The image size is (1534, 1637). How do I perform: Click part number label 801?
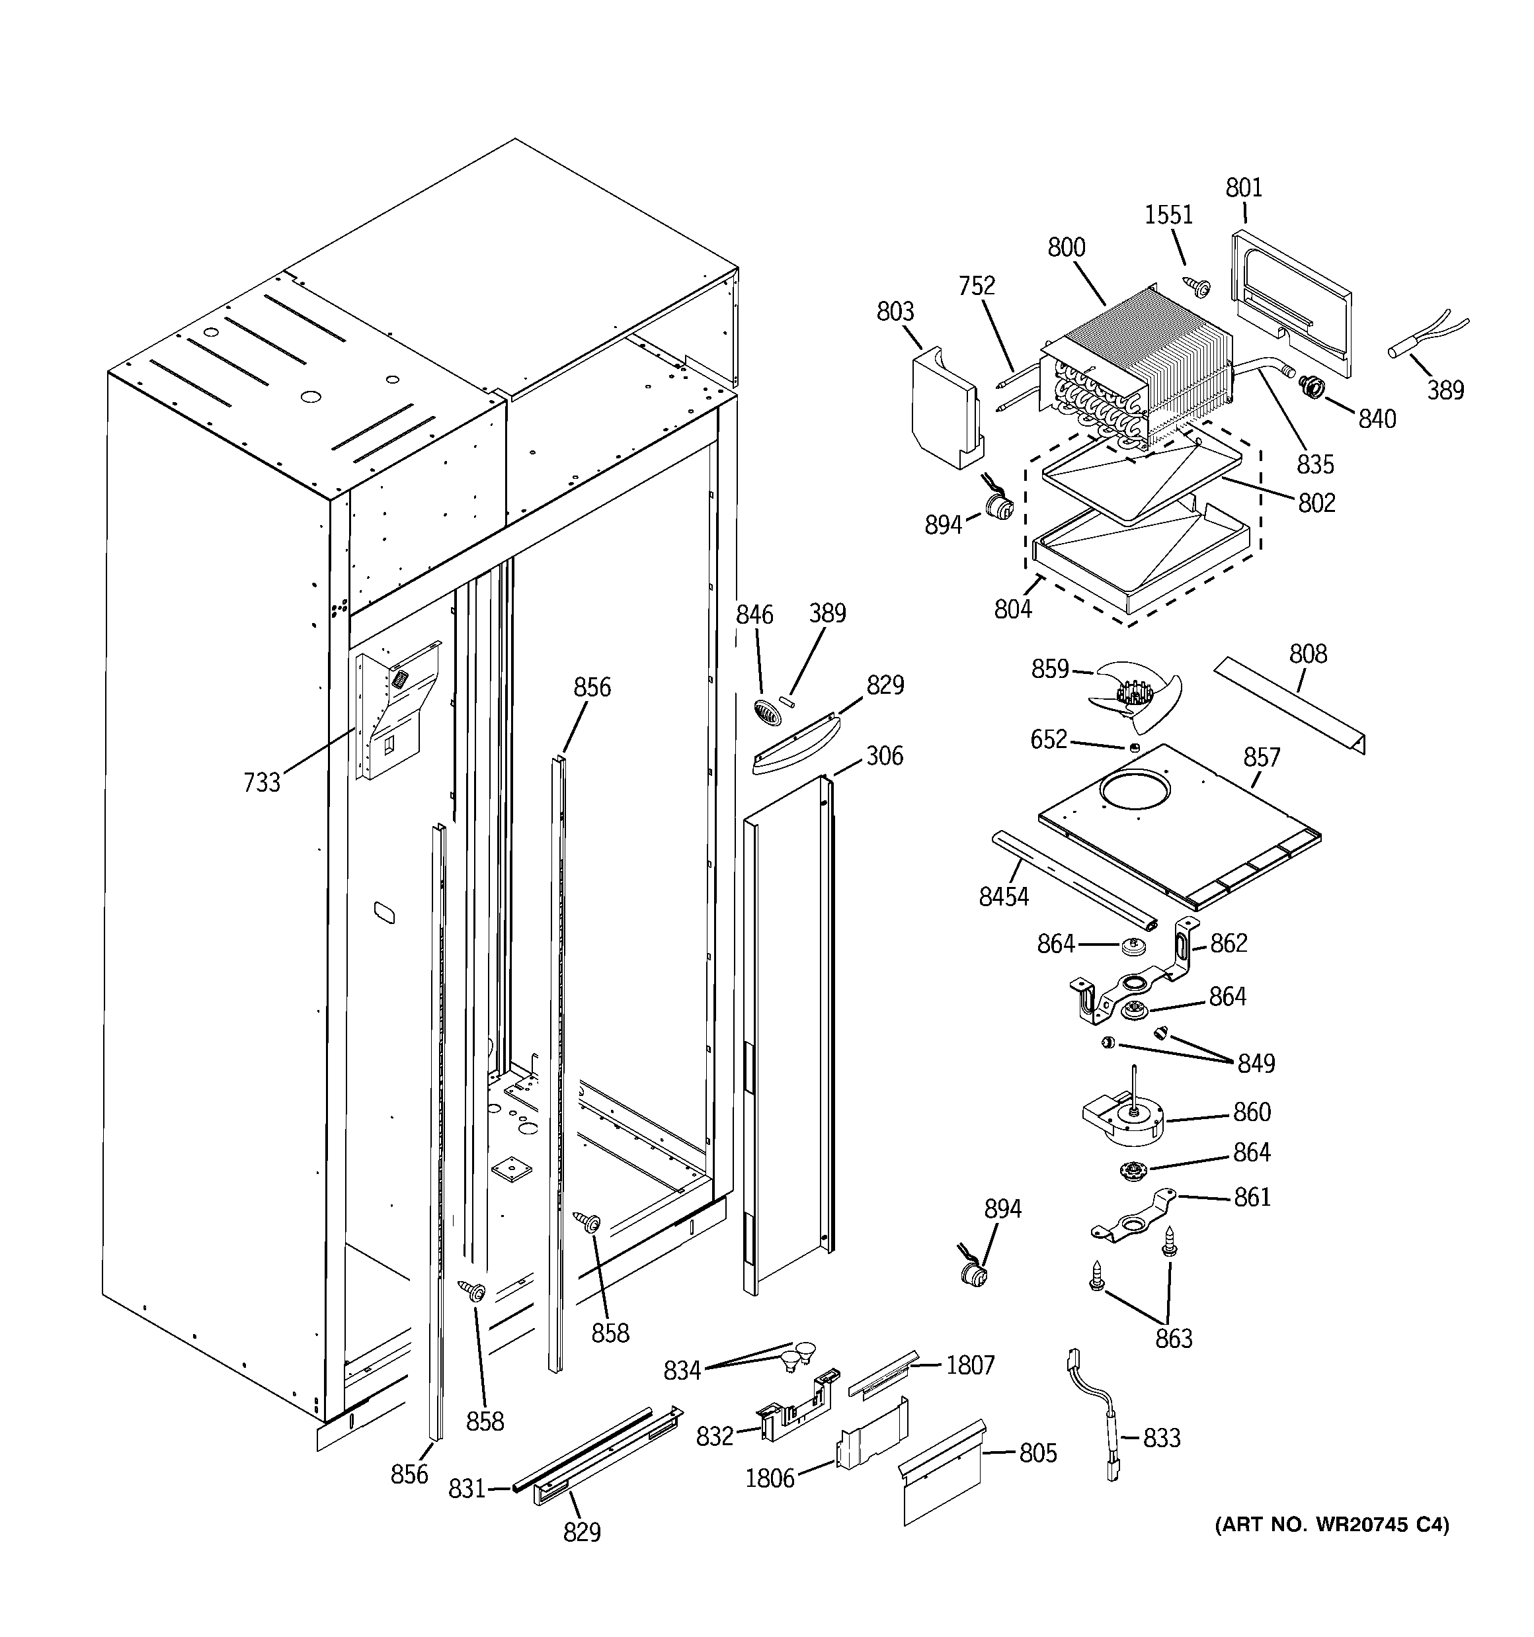pyautogui.click(x=1243, y=188)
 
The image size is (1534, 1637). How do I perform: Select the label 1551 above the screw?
pyautogui.click(x=1168, y=215)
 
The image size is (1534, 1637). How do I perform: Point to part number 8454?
pyautogui.click(x=1003, y=896)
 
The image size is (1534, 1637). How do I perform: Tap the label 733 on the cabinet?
pyautogui.click(x=262, y=782)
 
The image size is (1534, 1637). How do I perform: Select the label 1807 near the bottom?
pyautogui.click(x=970, y=1365)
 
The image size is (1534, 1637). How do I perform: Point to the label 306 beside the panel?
pyautogui.click(x=884, y=755)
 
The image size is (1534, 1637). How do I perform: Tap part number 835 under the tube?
pyautogui.click(x=1315, y=464)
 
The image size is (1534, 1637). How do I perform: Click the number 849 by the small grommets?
pyautogui.click(x=1256, y=1064)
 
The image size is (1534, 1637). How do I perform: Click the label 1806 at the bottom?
pyautogui.click(x=770, y=1478)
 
